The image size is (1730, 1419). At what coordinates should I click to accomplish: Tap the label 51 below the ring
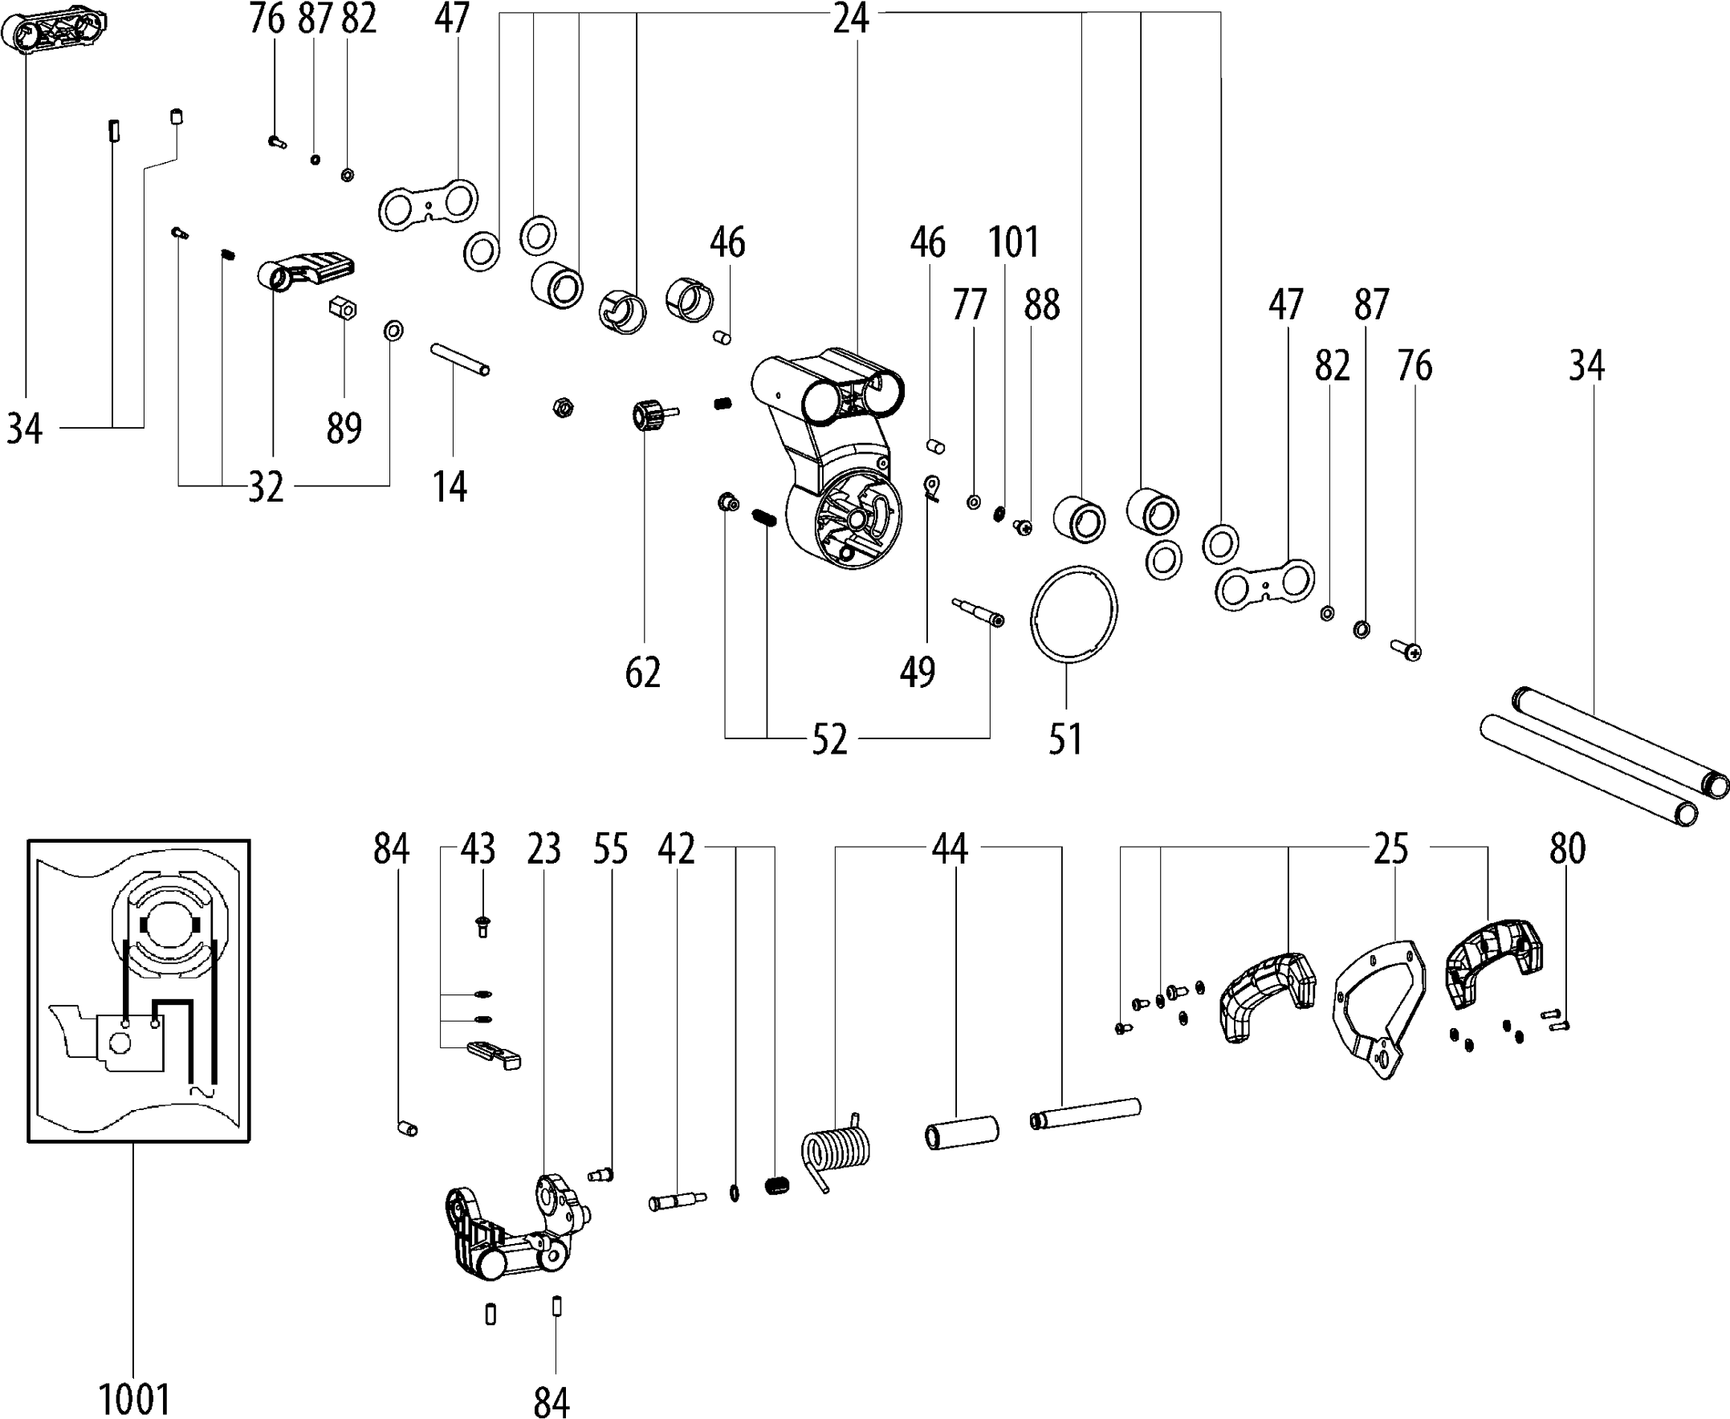(1064, 739)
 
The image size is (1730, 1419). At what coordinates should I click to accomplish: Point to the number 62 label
(642, 673)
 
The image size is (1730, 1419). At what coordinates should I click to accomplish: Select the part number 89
(344, 428)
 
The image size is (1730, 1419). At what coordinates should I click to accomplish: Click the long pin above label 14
(460, 360)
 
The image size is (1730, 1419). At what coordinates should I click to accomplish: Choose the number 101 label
(1013, 242)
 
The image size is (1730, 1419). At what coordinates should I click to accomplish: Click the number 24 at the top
(851, 18)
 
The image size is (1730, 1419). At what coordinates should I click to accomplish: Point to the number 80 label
(1567, 850)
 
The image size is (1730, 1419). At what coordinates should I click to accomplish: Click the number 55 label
(611, 850)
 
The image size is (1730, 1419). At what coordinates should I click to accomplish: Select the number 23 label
(543, 850)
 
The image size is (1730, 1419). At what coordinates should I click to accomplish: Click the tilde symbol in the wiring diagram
(201, 1091)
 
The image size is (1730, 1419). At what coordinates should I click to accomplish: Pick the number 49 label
(918, 672)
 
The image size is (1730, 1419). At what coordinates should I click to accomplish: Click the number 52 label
(829, 740)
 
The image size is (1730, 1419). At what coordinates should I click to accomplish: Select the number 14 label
(450, 487)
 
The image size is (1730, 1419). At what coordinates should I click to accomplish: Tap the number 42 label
(676, 850)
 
